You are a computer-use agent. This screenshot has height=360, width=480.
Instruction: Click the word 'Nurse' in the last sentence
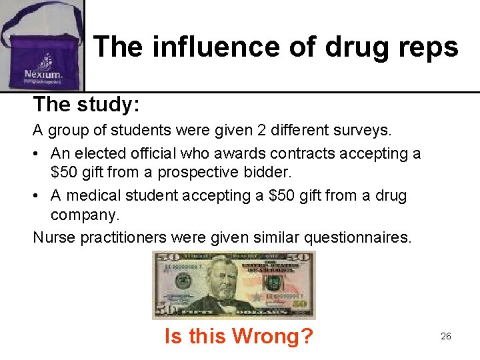pos(54,237)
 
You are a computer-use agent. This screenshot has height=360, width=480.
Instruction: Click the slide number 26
pos(446,336)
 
